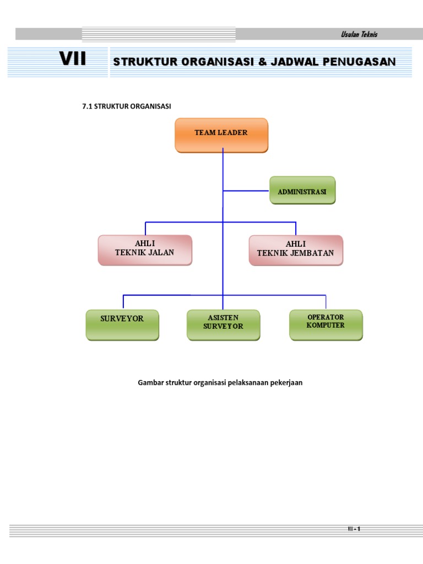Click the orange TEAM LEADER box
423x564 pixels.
coord(221,135)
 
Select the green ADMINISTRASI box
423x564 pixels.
coord(302,191)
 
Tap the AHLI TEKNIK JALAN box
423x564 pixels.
coord(145,250)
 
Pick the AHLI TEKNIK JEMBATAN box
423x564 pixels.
coord(296,250)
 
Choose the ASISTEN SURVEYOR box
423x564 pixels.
coord(223,324)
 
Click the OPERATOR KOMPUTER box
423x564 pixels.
coord(326,324)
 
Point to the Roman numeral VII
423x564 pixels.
coord(73,59)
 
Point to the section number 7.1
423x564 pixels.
coord(87,106)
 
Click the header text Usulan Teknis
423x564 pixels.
coord(359,35)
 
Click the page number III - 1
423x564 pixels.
coord(354,529)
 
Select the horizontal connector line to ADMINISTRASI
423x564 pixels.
coord(246,191)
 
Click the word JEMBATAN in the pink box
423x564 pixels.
coord(311,253)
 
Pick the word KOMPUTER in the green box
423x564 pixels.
coord(326,325)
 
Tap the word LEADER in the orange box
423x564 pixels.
coord(234,133)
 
